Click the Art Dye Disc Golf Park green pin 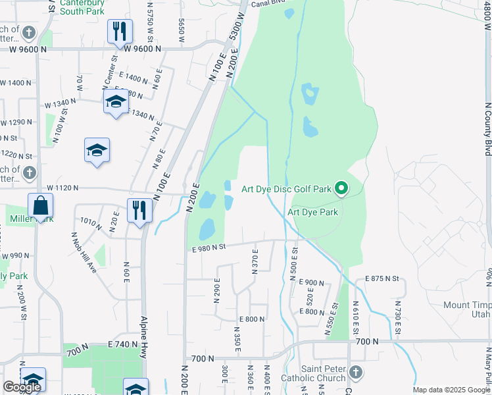(x=341, y=189)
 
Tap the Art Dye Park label (x=312, y=213)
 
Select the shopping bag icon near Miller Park (x=41, y=206)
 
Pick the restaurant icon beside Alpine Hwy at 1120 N (x=139, y=211)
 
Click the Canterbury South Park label (x=82, y=7)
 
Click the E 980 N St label (x=209, y=247)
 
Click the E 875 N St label (x=381, y=279)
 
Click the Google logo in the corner (x=22, y=387)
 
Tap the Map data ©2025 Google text (x=451, y=390)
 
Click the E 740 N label (x=124, y=344)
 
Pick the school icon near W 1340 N (x=116, y=102)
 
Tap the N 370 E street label (x=255, y=258)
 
